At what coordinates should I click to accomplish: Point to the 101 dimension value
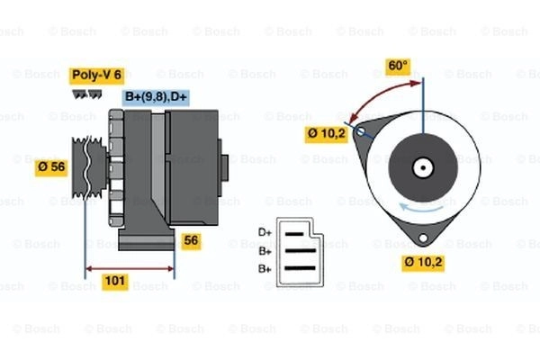pyautogui.click(x=114, y=282)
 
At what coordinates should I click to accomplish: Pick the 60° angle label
pyautogui.click(x=398, y=66)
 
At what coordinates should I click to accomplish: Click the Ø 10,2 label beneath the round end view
pyautogui.click(x=423, y=264)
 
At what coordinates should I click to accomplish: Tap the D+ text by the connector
pyautogui.click(x=265, y=232)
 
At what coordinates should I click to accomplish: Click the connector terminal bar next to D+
pyautogui.click(x=297, y=233)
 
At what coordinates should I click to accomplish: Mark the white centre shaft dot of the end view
pyautogui.click(x=421, y=167)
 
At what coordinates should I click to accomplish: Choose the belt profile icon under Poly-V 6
pyautogui.click(x=86, y=93)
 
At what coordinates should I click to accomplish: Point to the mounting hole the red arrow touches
pyautogui.click(x=360, y=132)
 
